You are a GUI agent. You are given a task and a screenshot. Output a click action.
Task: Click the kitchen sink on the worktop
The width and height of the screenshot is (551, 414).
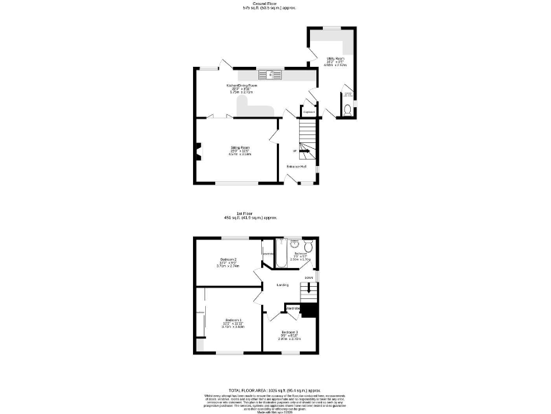271,73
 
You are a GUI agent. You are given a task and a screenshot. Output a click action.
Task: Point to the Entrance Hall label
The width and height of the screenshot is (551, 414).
297,167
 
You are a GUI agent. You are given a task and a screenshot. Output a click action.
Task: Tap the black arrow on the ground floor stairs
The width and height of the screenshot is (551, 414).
295,151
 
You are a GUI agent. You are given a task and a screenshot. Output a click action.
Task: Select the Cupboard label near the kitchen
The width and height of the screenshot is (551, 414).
309,112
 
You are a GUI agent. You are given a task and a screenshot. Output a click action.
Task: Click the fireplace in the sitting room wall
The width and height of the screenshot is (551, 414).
197,151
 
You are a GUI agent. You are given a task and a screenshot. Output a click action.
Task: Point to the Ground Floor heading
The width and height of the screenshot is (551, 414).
269,4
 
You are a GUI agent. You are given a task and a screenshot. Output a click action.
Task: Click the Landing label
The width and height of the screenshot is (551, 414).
283,285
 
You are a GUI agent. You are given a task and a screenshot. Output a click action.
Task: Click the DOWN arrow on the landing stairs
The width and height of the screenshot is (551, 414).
309,278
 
